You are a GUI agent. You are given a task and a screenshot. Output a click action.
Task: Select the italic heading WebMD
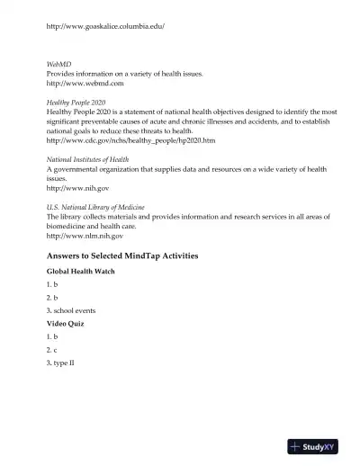pos(58,65)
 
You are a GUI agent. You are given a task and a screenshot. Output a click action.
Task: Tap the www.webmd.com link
pos(85,84)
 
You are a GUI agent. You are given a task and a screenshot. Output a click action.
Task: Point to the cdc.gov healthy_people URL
pos(130,140)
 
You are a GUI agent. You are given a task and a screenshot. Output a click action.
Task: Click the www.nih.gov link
pos(77,189)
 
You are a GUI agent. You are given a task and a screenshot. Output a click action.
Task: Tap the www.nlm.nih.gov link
pos(85,237)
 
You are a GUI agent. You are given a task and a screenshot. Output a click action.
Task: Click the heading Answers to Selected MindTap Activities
pos(121,256)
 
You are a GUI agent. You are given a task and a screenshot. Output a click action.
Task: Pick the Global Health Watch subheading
pos(81,271)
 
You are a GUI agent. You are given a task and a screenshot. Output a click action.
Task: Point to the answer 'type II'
pos(64,363)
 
